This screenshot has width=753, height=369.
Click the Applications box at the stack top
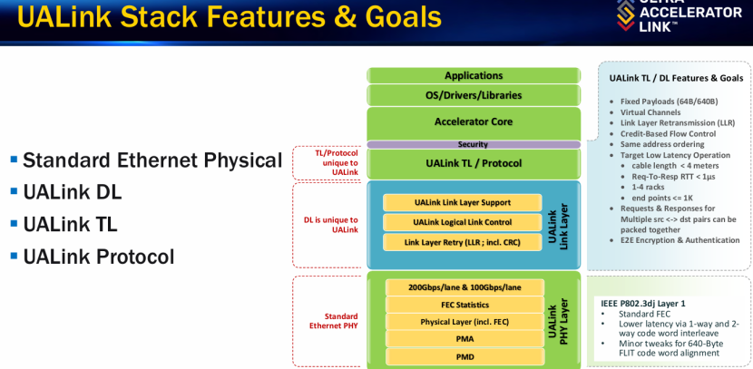click(x=473, y=75)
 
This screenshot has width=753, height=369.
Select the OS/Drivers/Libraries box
click(x=473, y=95)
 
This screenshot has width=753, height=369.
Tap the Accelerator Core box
click(x=473, y=121)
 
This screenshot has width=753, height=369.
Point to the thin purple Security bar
click(x=473, y=144)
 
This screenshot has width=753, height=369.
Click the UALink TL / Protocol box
click(x=473, y=163)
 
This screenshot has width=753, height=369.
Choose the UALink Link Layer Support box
click(x=462, y=202)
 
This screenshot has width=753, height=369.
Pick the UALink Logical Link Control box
click(x=462, y=222)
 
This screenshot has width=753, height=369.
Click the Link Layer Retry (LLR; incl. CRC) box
click(x=462, y=242)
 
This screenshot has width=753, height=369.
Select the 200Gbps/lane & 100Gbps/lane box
click(x=465, y=286)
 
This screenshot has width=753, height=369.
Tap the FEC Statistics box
click(x=465, y=304)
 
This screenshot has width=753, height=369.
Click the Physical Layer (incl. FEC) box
click(x=465, y=322)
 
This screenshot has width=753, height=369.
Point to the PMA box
click(x=465, y=339)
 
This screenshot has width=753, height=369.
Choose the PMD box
click(x=465, y=356)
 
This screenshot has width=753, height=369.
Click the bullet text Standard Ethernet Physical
click(x=152, y=160)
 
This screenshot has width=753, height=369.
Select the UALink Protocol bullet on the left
click(x=98, y=257)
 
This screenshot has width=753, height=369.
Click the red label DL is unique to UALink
click(x=330, y=224)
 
